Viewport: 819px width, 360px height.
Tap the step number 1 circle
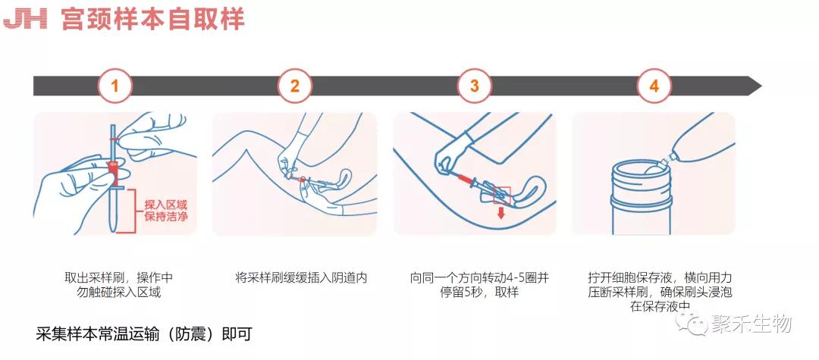click(x=115, y=86)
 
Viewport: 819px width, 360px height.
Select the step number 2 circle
click(x=295, y=86)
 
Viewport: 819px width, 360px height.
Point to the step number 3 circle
click(x=475, y=86)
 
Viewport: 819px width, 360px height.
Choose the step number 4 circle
click(x=654, y=86)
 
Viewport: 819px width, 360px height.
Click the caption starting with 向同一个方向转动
click(x=479, y=285)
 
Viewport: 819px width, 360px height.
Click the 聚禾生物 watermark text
click(x=751, y=324)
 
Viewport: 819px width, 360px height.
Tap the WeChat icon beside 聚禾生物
click(x=697, y=325)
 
